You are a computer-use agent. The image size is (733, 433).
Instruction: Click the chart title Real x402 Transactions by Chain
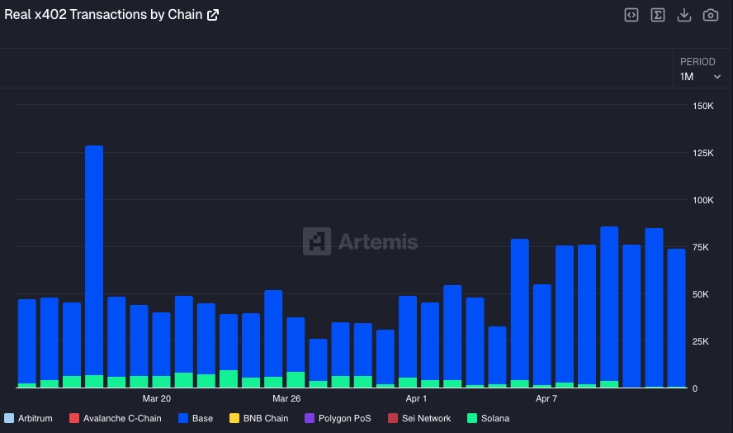point(103,15)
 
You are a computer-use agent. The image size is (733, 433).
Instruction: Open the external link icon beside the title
point(213,15)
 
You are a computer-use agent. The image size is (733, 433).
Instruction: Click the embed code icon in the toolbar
point(631,15)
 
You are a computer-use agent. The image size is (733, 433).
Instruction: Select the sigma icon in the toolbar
point(658,15)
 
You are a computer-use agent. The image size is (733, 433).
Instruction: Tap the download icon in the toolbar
point(683,15)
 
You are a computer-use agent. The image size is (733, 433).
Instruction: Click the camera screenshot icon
point(710,15)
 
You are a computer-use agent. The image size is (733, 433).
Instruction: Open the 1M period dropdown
point(700,76)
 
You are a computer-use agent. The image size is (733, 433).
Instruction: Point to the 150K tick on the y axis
point(703,107)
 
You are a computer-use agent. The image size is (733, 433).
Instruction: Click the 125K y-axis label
point(703,154)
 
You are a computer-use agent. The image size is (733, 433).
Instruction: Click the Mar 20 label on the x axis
point(157,398)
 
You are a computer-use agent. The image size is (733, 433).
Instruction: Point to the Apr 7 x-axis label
point(546,398)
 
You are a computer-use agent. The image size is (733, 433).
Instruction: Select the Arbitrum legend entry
point(29,418)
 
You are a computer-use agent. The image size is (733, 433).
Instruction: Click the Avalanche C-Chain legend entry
point(116,418)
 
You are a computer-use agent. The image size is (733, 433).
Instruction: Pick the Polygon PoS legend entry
point(338,418)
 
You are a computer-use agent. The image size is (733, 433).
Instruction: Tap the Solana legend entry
point(489,418)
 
